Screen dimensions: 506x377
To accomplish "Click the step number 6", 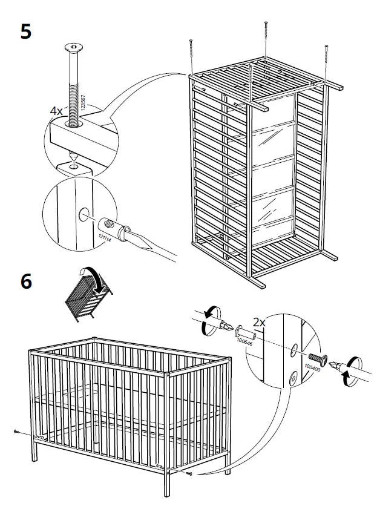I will click(x=25, y=282).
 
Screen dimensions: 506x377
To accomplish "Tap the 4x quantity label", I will click(x=56, y=112).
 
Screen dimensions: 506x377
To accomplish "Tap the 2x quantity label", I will click(x=259, y=323).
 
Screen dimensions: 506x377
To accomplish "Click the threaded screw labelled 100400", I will click(x=317, y=359).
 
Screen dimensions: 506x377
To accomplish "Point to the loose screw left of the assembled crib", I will click(x=16, y=432).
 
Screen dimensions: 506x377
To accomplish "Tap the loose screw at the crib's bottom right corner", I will click(x=189, y=473).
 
